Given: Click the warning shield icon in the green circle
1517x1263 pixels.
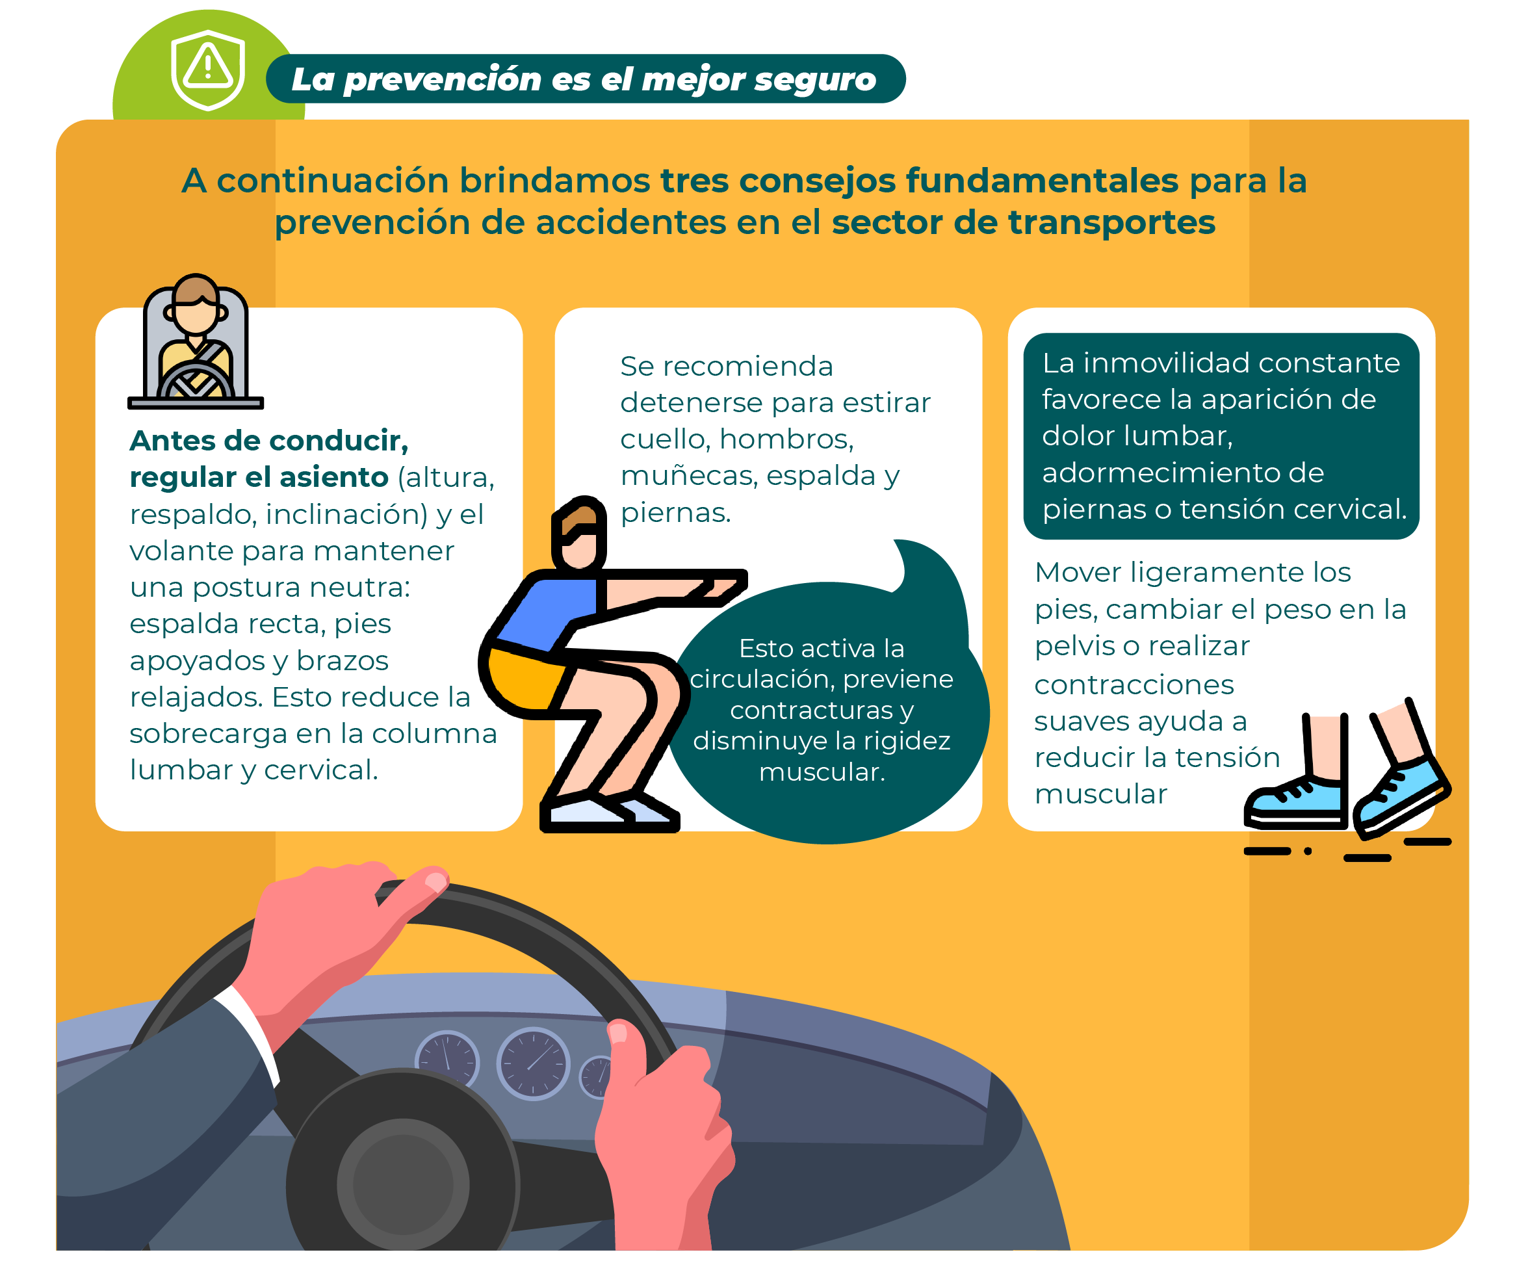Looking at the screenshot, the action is click(208, 70).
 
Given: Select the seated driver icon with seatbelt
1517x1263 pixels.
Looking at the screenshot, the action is click(196, 342).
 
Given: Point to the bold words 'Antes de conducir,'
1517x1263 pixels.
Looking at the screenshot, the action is click(268, 441).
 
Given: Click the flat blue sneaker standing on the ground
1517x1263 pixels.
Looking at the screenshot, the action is click(1296, 801).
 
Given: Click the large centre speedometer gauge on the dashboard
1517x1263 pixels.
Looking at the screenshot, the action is click(533, 1063).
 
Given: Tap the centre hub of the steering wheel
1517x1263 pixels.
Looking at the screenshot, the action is click(403, 1185).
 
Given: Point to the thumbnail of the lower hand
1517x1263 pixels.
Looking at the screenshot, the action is click(618, 1032).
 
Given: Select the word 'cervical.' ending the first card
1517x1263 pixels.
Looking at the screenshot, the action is click(320, 771).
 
